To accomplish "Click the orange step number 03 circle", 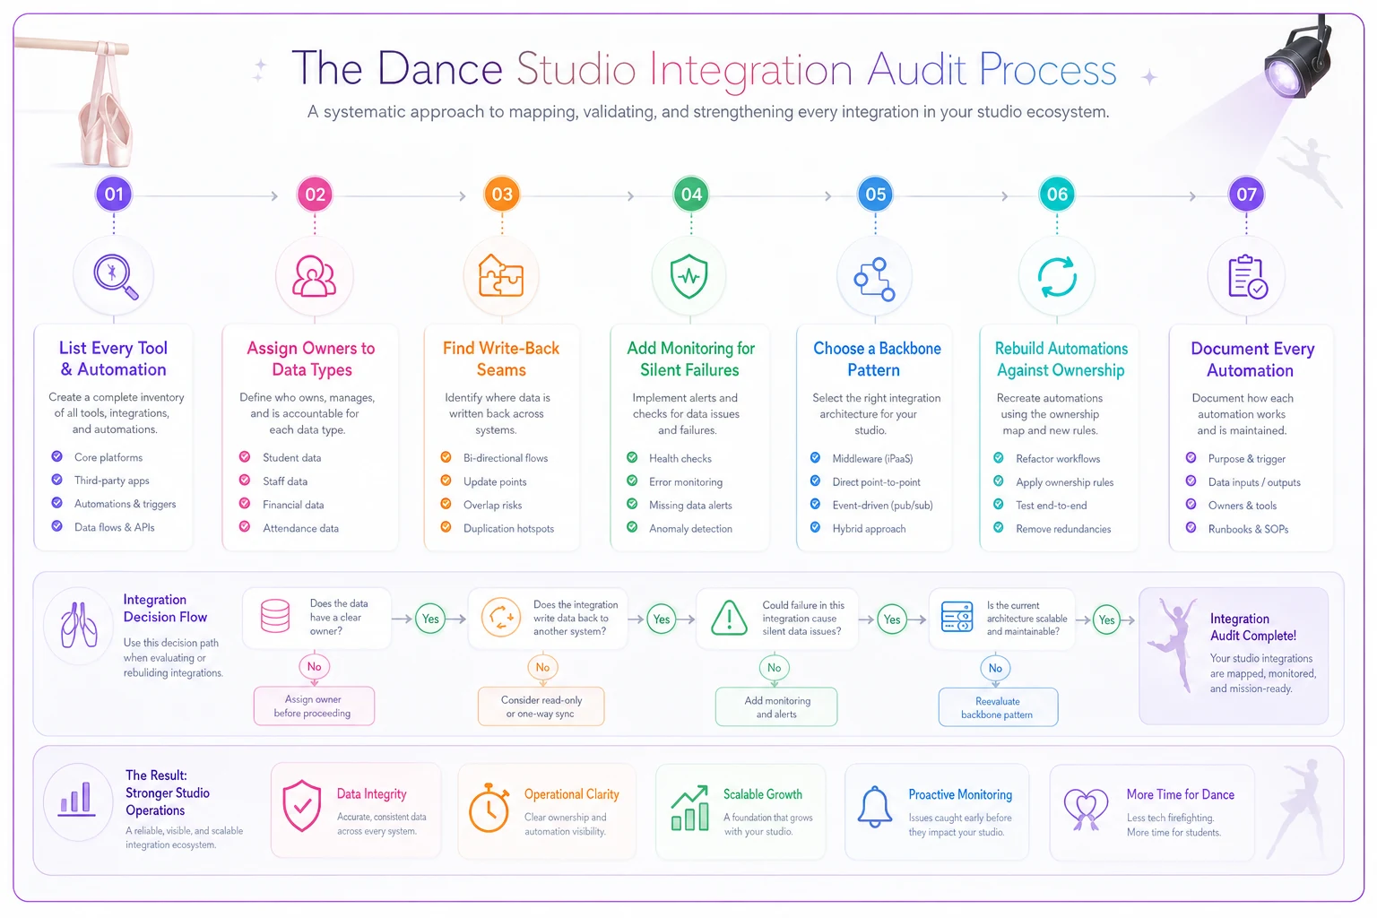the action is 502,195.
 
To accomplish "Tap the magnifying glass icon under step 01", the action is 115,276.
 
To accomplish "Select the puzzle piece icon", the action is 501,275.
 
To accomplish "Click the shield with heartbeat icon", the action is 689,276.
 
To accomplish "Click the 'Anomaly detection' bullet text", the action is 690,528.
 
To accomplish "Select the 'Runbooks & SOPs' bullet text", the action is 1248,529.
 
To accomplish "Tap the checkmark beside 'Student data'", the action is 245,457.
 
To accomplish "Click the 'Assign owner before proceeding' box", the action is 314,706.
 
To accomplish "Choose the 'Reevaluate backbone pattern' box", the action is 998,707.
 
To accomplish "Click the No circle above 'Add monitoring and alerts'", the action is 774,668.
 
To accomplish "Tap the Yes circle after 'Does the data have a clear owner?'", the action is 430,619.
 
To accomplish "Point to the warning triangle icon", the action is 729,618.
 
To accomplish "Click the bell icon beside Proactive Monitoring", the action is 874,807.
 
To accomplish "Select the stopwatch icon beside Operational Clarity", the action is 489,808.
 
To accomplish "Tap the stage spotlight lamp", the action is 1297,63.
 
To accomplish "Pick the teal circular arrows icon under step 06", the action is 1057,277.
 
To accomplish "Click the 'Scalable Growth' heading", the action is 762,793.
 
